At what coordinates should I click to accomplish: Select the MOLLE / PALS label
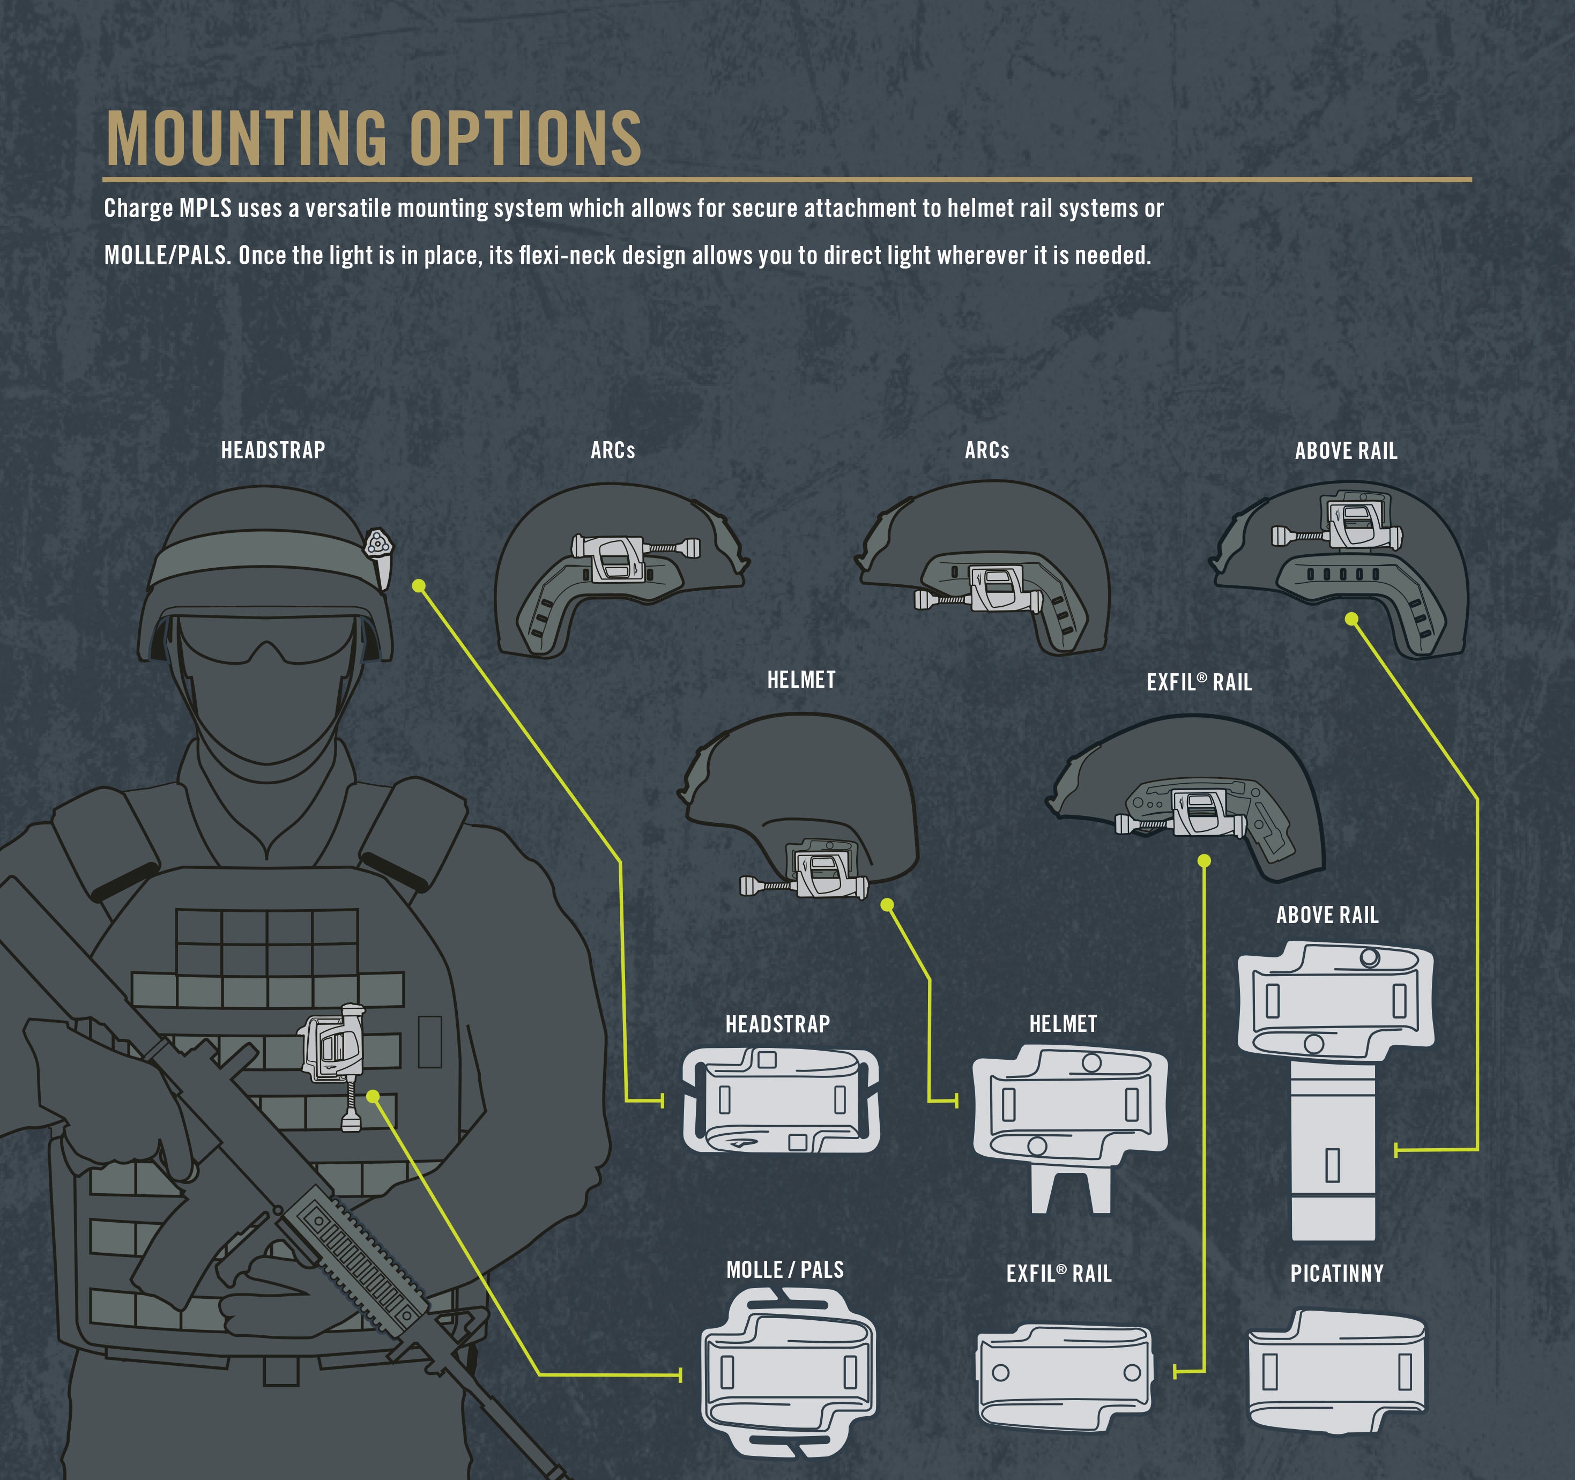pos(784,1270)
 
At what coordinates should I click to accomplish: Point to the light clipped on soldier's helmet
pos(378,555)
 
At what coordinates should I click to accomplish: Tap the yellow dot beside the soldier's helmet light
pos(419,585)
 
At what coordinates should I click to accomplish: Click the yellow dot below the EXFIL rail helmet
pos(1204,860)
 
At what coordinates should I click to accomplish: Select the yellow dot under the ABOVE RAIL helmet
pos(1351,619)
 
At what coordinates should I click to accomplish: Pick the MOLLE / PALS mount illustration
pos(788,1372)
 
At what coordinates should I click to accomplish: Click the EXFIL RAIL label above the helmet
pos(1199,682)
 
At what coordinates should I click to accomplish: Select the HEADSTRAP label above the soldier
pos(272,450)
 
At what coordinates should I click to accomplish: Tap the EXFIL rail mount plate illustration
pos(1064,1376)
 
